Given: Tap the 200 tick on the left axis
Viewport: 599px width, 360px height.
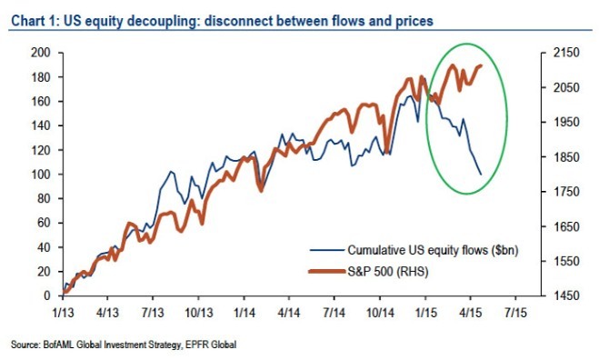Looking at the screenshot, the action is point(40,53).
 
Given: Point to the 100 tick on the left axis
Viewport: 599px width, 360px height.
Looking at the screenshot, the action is point(40,175).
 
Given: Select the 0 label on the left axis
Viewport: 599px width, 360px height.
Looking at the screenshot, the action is point(47,295).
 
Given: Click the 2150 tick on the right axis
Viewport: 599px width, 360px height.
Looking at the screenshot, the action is point(566,53).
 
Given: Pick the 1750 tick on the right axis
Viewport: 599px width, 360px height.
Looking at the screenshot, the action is point(566,192).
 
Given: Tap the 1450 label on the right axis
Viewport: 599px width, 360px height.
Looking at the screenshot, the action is point(566,295).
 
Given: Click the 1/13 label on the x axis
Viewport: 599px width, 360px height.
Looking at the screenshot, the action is point(63,313).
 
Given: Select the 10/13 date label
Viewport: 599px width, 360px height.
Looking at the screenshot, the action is point(199,313).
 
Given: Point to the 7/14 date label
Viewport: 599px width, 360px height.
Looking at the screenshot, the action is point(334,313).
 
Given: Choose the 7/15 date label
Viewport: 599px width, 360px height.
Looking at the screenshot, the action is point(515,313).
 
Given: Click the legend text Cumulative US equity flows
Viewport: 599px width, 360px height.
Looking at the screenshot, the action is point(417,250).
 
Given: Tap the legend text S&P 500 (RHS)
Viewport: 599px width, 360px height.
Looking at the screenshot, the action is point(388,272).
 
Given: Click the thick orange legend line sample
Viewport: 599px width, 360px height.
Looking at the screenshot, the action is point(327,271).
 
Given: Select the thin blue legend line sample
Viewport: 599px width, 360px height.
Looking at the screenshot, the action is point(327,250).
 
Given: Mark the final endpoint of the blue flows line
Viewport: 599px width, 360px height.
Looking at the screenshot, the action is point(481,175).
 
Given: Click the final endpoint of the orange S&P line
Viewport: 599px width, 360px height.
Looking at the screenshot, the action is point(482,65).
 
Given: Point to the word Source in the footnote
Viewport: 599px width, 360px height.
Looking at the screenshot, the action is point(25,345).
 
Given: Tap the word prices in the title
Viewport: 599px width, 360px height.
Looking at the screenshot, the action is point(414,21).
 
